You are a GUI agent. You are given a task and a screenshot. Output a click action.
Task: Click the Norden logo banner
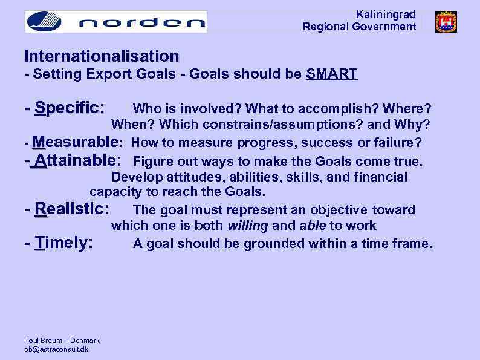115,22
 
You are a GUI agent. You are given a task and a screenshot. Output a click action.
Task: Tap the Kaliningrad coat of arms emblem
446,22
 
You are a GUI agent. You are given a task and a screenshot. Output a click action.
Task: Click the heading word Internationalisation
102,56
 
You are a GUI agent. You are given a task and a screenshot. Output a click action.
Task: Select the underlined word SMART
331,74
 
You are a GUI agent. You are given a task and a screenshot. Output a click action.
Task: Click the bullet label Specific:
70,108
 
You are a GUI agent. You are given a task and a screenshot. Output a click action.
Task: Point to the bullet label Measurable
76,143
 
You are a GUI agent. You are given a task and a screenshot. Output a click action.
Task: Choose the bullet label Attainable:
77,161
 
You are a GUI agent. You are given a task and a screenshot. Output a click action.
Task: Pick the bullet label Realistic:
72,209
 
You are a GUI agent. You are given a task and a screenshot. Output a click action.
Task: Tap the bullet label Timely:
64,243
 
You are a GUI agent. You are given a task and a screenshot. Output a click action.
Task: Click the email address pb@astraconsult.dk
56,349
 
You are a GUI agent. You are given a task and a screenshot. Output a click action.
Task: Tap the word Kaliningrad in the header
386,15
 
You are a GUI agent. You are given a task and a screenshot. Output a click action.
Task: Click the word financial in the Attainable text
381,177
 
